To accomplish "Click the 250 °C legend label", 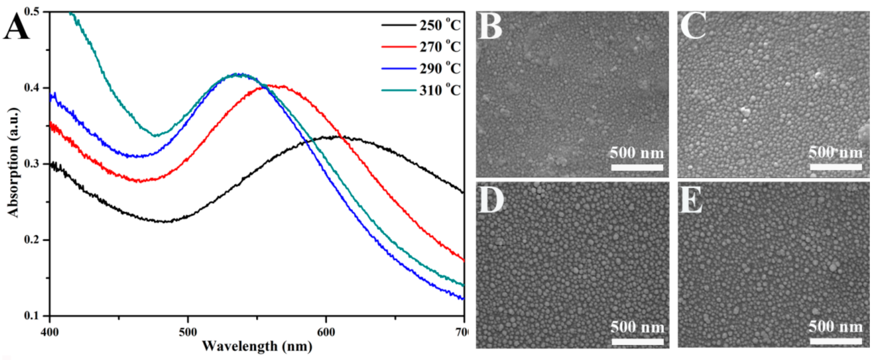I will [440, 25].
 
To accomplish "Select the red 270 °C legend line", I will [399, 46].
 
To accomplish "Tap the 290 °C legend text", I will [440, 69].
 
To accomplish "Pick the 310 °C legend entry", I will [440, 90].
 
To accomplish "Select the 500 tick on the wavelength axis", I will [188, 332].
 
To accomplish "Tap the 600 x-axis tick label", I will [326, 332].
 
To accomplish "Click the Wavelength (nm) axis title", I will [257, 347].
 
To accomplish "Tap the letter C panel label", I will [693, 26].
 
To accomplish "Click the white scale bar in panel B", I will [637, 167].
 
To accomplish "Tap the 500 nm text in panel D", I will [637, 327].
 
